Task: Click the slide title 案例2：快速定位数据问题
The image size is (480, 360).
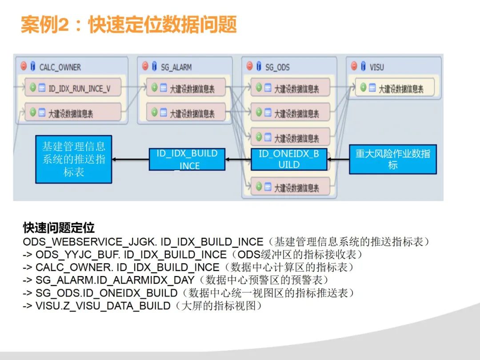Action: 129,25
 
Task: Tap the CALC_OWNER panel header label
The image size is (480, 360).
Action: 60,68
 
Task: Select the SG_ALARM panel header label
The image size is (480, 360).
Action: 176,68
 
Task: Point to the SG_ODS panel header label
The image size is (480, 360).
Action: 277,68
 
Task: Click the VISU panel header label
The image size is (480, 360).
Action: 376,68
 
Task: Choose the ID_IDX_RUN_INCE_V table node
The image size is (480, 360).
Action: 73,88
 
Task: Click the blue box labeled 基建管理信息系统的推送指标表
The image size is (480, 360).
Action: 74,159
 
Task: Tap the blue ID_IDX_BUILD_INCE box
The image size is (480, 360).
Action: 187,159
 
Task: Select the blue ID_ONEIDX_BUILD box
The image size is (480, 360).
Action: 289,159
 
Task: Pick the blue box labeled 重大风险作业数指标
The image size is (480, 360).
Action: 393,159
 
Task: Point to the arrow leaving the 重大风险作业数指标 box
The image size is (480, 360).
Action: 338,159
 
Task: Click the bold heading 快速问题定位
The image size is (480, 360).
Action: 59,228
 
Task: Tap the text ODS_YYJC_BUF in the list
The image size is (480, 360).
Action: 77,255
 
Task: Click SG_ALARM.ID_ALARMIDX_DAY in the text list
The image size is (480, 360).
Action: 115,280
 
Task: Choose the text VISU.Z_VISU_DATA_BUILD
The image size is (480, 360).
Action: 103,306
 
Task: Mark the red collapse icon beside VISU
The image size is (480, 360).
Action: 354,67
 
